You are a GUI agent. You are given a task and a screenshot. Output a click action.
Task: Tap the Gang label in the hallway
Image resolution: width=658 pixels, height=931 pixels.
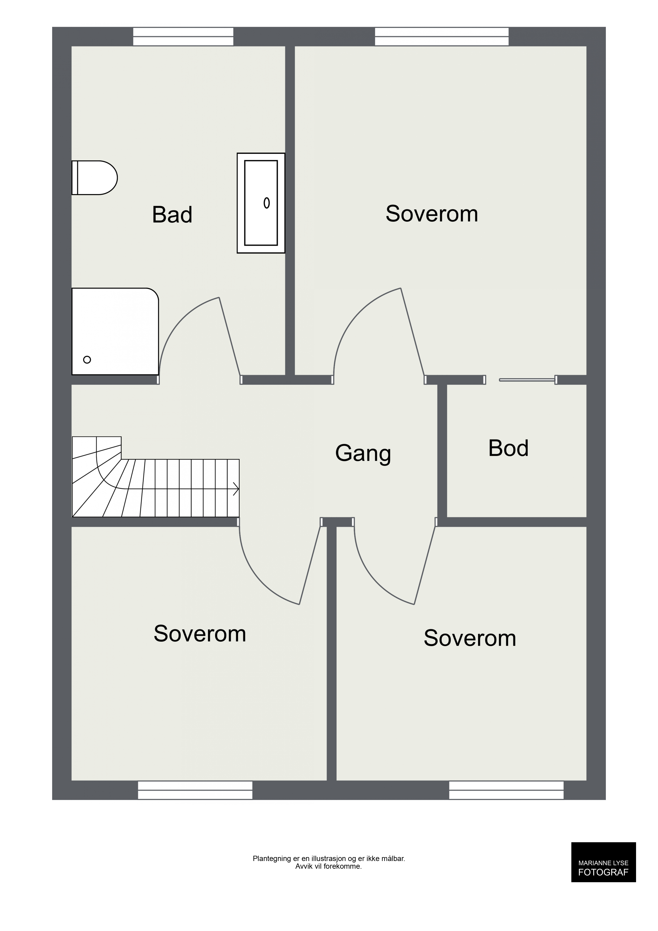(363, 454)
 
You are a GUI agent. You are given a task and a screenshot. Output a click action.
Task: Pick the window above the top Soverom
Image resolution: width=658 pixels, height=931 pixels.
(442, 36)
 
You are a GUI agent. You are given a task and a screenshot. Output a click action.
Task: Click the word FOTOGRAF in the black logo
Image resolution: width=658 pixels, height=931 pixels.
(603, 873)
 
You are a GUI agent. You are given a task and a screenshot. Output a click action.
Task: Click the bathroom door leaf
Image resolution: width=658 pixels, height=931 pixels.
(230, 336)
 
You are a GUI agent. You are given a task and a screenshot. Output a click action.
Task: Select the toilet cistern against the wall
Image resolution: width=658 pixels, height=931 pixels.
(74, 178)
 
